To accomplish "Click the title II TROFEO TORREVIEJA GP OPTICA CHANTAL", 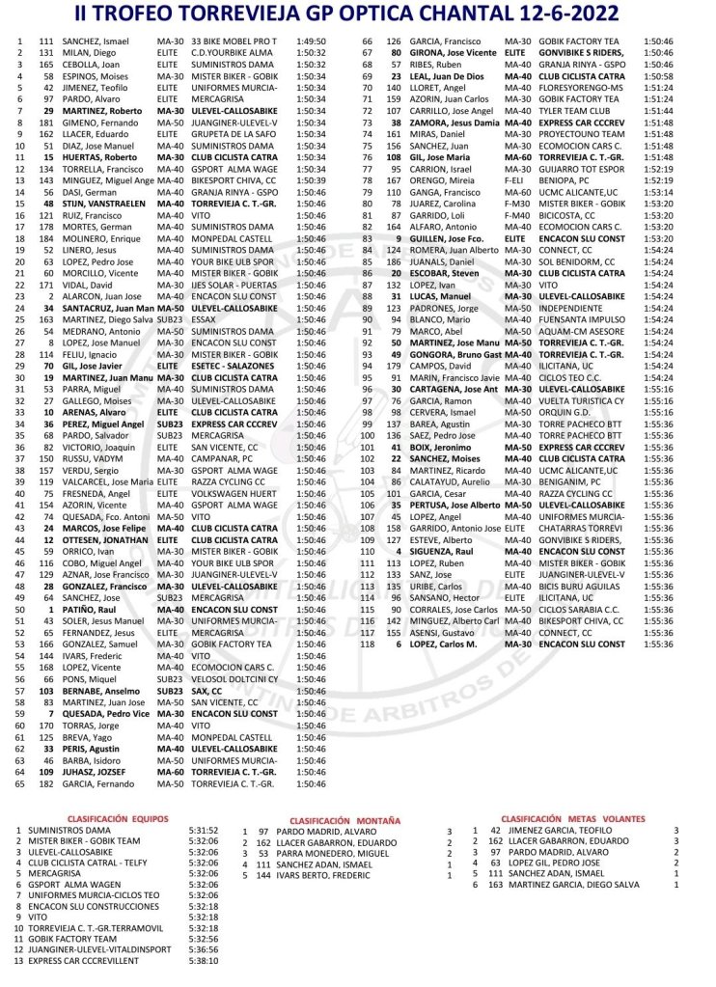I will tap(357, 14).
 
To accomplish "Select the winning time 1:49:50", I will tap(312, 42).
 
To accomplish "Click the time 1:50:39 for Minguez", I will tap(312, 180).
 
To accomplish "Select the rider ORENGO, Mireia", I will tap(436, 180).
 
